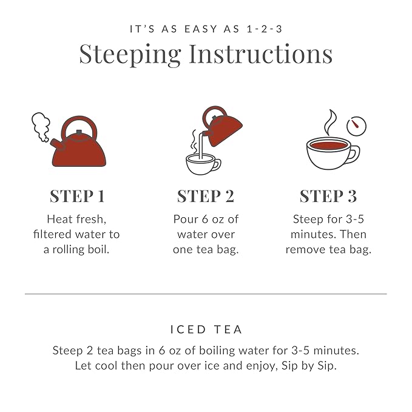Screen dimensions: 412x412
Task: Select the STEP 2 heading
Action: coord(206,196)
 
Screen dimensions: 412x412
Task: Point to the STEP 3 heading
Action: coord(328,196)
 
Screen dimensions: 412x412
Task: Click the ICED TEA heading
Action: coord(206,329)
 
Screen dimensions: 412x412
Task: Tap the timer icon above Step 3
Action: coord(356,126)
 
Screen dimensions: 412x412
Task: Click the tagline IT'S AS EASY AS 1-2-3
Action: coord(206,29)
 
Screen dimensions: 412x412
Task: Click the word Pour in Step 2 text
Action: coord(186,219)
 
